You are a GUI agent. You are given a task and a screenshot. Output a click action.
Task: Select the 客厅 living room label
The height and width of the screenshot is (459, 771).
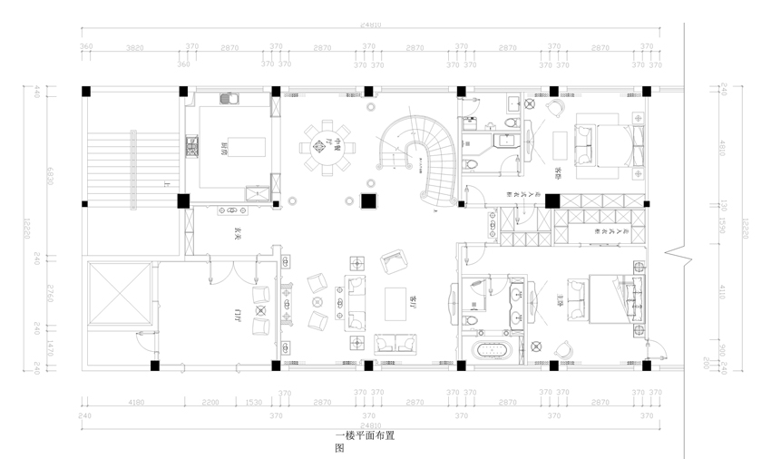[x=414, y=298]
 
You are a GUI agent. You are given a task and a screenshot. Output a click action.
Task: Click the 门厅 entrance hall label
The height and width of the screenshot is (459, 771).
[x=238, y=315]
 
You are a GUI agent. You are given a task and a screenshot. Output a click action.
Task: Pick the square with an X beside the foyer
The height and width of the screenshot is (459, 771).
[x=118, y=293]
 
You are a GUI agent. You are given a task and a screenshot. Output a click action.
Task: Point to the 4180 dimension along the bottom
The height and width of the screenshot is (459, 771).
[x=136, y=402]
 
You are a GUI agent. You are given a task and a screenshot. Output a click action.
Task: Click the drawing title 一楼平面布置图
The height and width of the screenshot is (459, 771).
[x=364, y=441]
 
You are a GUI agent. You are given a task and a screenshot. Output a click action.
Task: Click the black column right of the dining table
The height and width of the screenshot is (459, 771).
[x=368, y=201]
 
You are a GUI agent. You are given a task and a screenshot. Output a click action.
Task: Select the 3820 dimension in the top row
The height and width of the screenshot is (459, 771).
[x=134, y=46]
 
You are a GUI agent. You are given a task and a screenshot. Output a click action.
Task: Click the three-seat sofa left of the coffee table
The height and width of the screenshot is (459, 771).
[x=356, y=302]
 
